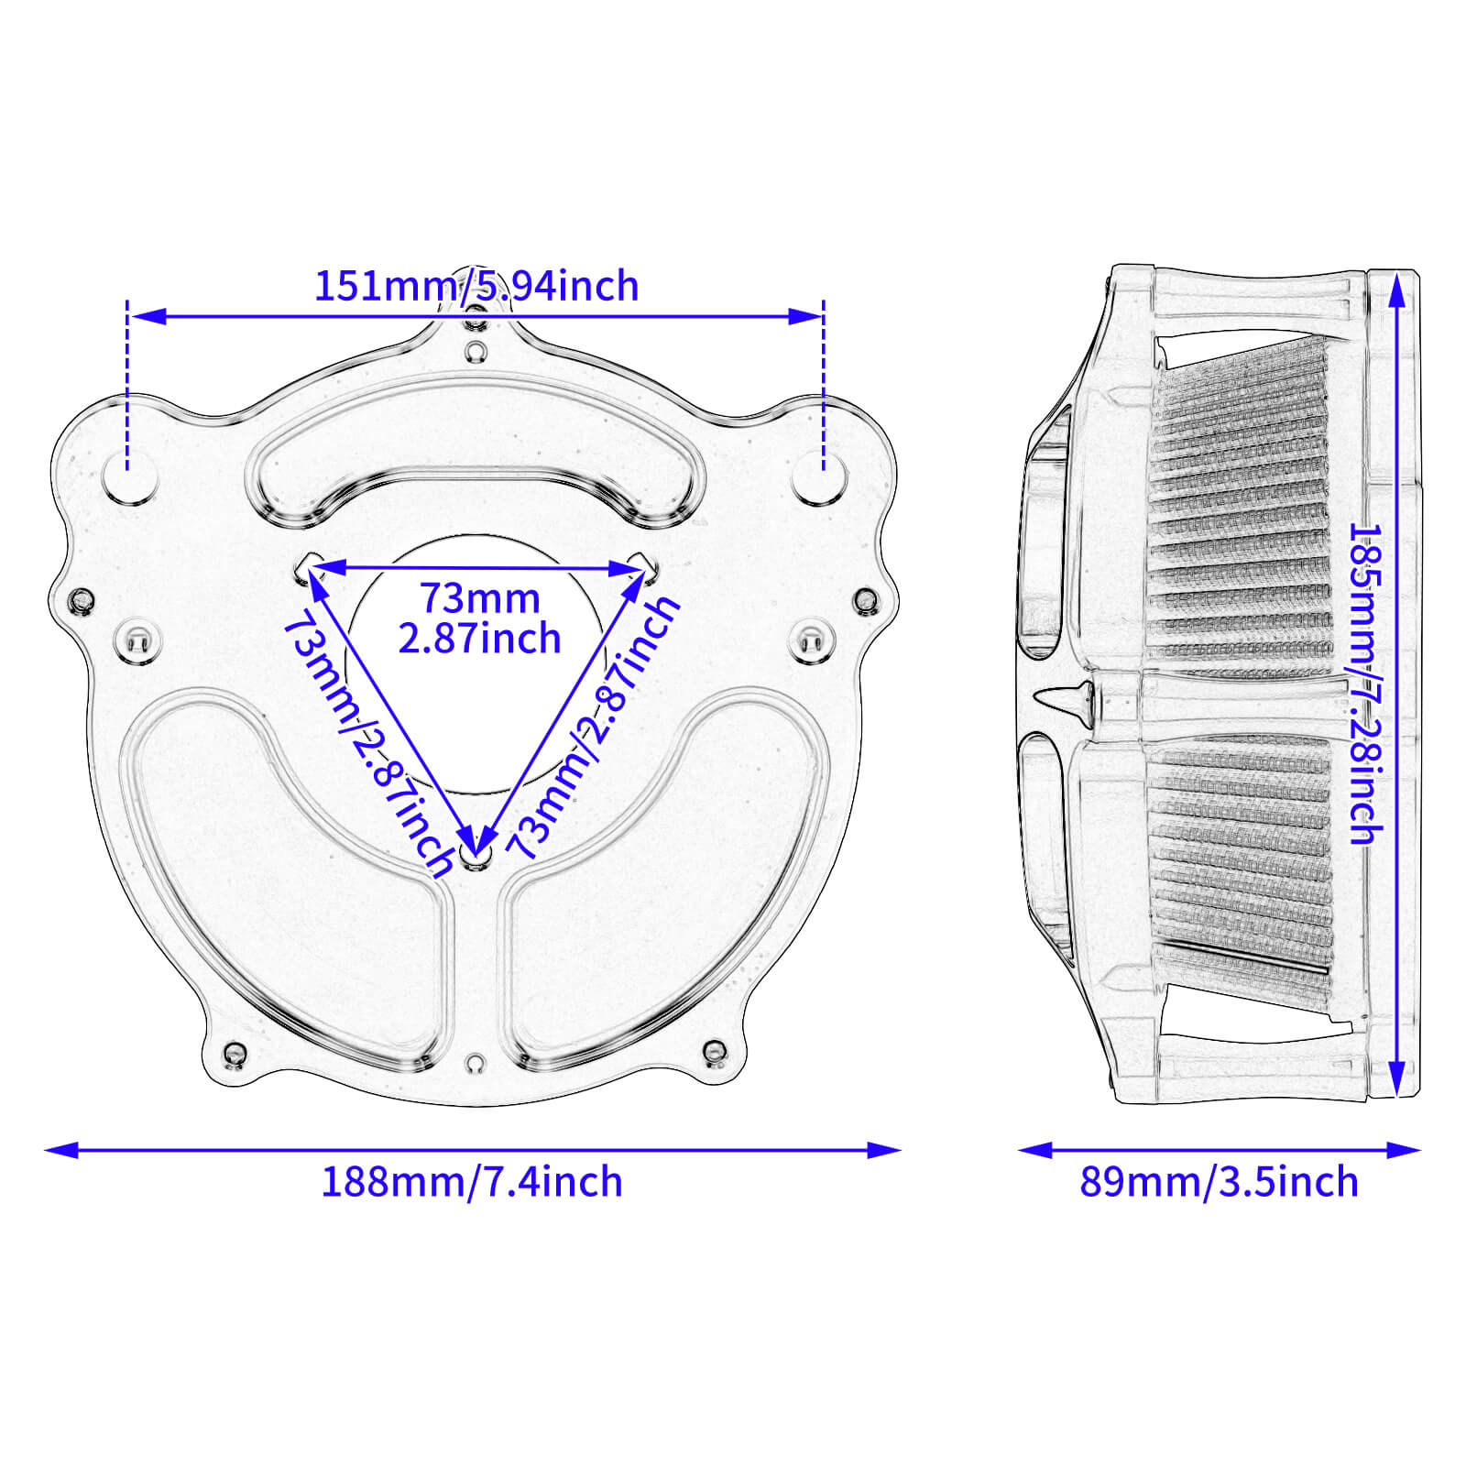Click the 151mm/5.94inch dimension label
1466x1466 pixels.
click(476, 286)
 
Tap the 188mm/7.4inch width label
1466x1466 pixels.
click(471, 1182)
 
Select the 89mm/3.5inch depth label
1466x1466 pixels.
click(1219, 1182)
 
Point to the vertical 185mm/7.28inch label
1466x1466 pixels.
click(1365, 683)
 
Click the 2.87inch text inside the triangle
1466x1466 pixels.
click(479, 639)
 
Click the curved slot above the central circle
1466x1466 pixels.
click(476, 476)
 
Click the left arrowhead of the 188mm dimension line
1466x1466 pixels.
click(60, 1149)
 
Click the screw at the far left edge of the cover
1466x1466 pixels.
click(82, 600)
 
